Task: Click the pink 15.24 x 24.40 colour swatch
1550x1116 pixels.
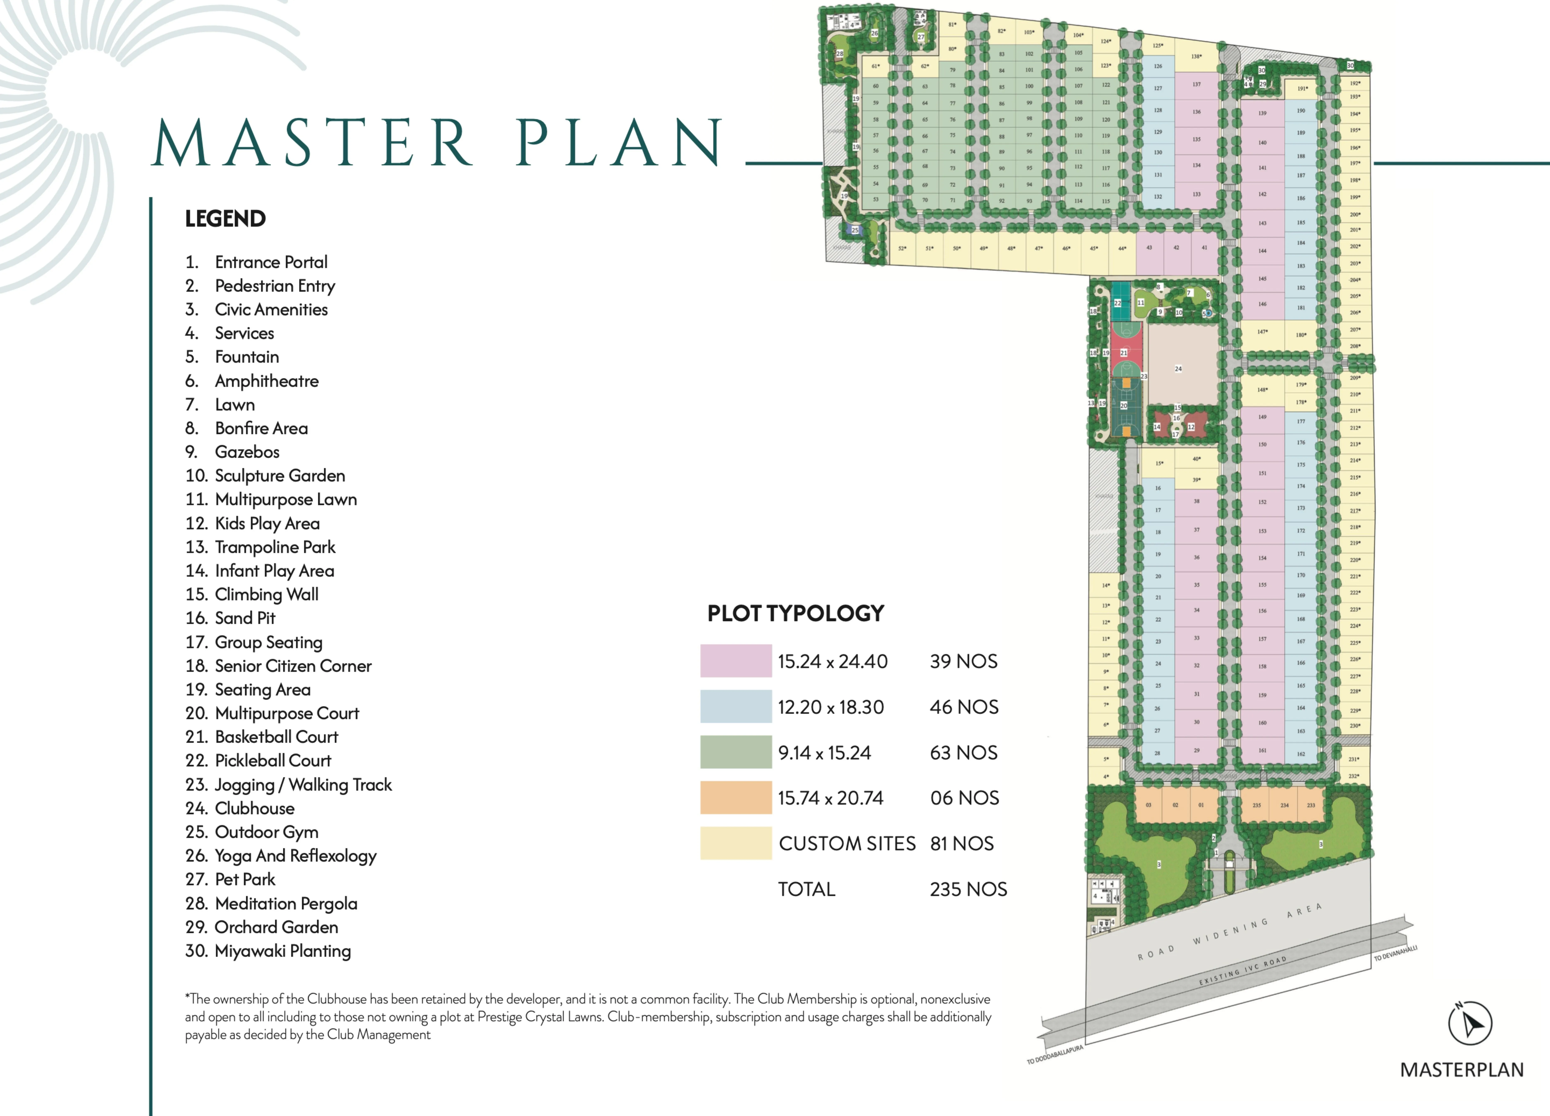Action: click(735, 661)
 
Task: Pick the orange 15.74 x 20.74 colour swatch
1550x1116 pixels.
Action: click(735, 798)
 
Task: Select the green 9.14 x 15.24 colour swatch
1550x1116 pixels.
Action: click(735, 752)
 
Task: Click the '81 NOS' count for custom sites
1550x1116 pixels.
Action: click(962, 843)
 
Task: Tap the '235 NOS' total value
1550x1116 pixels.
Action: click(968, 889)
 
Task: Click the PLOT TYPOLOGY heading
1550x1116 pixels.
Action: click(795, 613)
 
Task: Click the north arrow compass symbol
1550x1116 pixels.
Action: click(1469, 1023)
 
